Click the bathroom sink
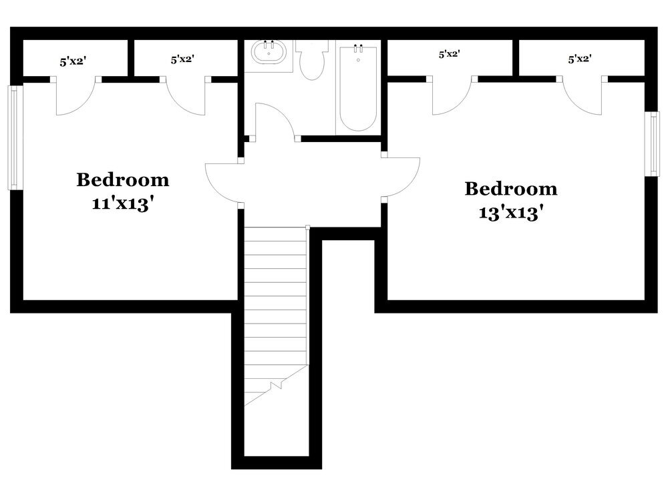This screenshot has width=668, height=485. (x=270, y=54)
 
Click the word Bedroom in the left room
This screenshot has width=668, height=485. (x=123, y=180)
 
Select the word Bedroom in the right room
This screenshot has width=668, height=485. (x=510, y=189)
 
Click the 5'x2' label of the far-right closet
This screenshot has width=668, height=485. (x=580, y=59)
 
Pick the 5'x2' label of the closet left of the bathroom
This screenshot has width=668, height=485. (x=182, y=59)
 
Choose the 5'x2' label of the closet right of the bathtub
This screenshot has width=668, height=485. (x=449, y=55)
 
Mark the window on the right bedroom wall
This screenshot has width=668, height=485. (x=651, y=143)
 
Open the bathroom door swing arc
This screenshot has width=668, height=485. (x=274, y=120)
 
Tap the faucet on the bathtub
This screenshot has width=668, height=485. (x=358, y=48)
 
